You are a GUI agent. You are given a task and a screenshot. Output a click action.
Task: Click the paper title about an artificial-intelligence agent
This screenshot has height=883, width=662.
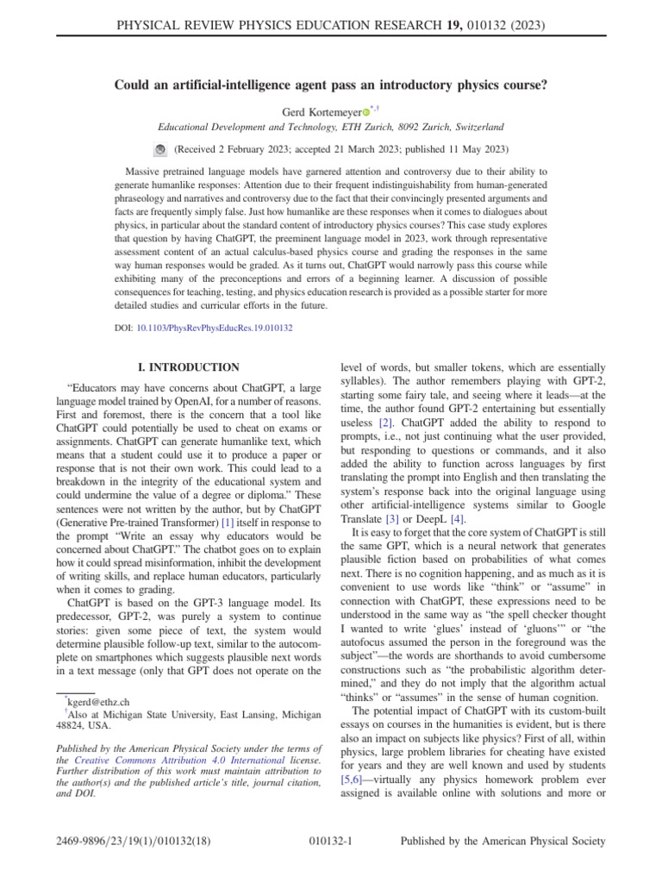[331, 85]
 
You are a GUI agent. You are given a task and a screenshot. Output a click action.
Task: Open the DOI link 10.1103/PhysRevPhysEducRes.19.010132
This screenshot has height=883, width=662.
[214, 329]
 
